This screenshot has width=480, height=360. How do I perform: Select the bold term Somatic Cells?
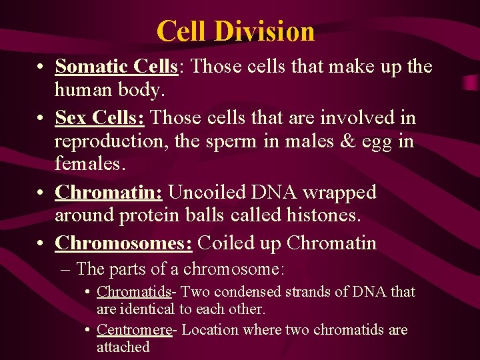(x=116, y=67)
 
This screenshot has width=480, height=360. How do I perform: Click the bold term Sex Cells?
(x=100, y=118)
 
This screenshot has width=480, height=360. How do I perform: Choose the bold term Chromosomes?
(x=123, y=243)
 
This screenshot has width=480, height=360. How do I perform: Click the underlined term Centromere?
(x=134, y=330)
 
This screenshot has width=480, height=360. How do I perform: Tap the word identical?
(x=147, y=309)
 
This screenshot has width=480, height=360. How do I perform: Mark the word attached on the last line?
(x=123, y=347)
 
